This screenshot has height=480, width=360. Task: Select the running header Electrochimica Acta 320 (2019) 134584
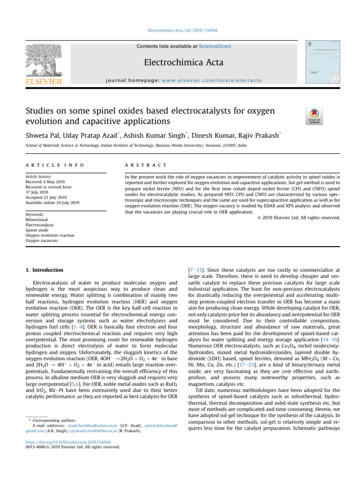pyautogui.click(x=180, y=30)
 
